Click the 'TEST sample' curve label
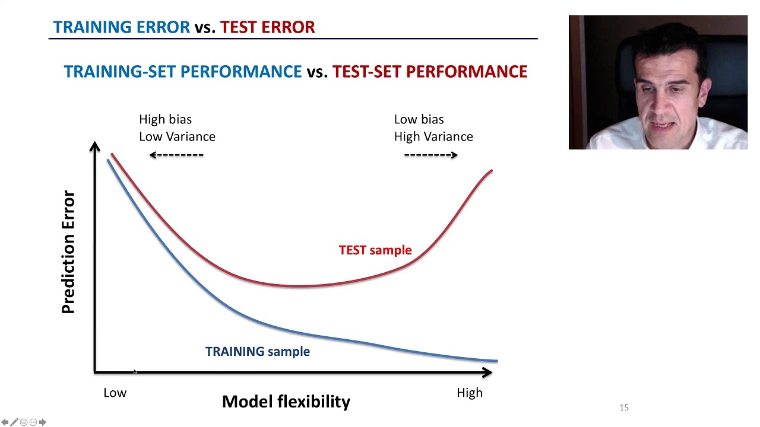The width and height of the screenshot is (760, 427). click(x=375, y=250)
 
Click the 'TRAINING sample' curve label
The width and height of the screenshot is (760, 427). click(x=257, y=352)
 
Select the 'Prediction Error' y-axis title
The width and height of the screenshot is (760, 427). click(x=69, y=252)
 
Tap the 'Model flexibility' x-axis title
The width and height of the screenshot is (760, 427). click(x=286, y=401)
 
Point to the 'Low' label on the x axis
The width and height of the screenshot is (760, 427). click(x=115, y=393)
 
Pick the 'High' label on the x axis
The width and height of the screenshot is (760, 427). click(x=469, y=393)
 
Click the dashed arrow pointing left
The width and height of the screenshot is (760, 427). click(x=176, y=155)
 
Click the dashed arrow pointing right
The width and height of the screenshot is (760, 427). click(x=431, y=155)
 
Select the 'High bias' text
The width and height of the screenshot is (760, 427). click(x=165, y=119)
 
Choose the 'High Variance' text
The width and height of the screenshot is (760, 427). click(x=433, y=136)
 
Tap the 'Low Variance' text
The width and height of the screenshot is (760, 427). click(x=177, y=136)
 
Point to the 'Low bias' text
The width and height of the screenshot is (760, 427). click(x=419, y=119)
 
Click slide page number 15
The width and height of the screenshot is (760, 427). click(x=623, y=407)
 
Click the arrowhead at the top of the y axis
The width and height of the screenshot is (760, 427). click(x=95, y=146)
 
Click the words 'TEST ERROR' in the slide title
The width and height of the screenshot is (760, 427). click(x=267, y=27)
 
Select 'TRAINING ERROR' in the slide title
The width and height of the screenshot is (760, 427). click(x=121, y=27)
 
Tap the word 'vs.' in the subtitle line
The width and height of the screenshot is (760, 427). click(x=317, y=72)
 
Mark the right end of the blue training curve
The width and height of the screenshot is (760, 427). click(x=496, y=360)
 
